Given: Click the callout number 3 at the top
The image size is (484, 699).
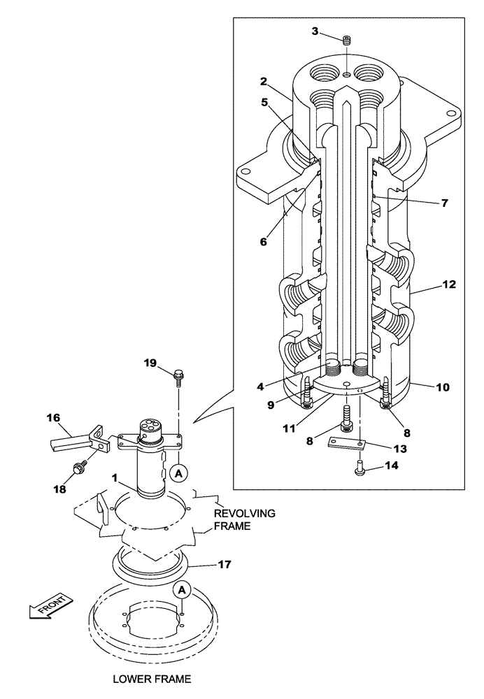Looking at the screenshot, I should (x=315, y=31).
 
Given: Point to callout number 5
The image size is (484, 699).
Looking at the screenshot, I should (x=264, y=101).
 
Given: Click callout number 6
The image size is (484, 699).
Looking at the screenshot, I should (x=263, y=241).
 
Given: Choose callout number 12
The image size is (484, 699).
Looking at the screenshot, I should (x=449, y=284).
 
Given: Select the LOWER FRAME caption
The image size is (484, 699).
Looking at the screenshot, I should (x=151, y=678).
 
